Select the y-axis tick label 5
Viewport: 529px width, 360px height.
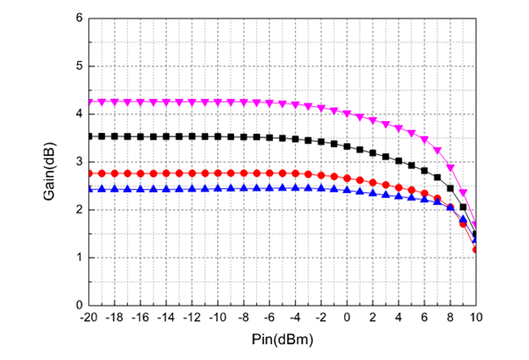[x=79, y=66]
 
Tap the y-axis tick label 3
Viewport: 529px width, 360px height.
[x=79, y=162]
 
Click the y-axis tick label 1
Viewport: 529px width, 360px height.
[x=79, y=258]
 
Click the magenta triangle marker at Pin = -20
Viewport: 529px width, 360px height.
[x=89, y=102]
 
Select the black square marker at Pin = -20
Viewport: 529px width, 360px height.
[x=89, y=136]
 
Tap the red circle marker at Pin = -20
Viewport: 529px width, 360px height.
[x=89, y=174]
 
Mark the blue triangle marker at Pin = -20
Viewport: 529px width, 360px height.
[x=89, y=189]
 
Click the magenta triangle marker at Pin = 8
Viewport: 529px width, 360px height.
[x=450, y=168]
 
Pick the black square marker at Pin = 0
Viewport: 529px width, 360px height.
[x=347, y=146]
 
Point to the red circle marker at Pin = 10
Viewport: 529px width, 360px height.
[x=476, y=250]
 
